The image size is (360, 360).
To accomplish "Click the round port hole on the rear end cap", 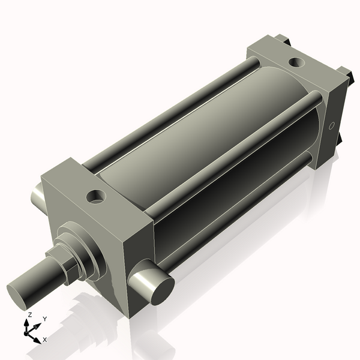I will click(x=296, y=62).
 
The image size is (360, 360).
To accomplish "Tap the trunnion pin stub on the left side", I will click(x=37, y=193).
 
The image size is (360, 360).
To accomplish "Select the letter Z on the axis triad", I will click(x=30, y=315).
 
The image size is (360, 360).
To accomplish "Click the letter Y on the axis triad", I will click(x=45, y=319).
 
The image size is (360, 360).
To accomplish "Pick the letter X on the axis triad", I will click(x=45, y=340).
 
